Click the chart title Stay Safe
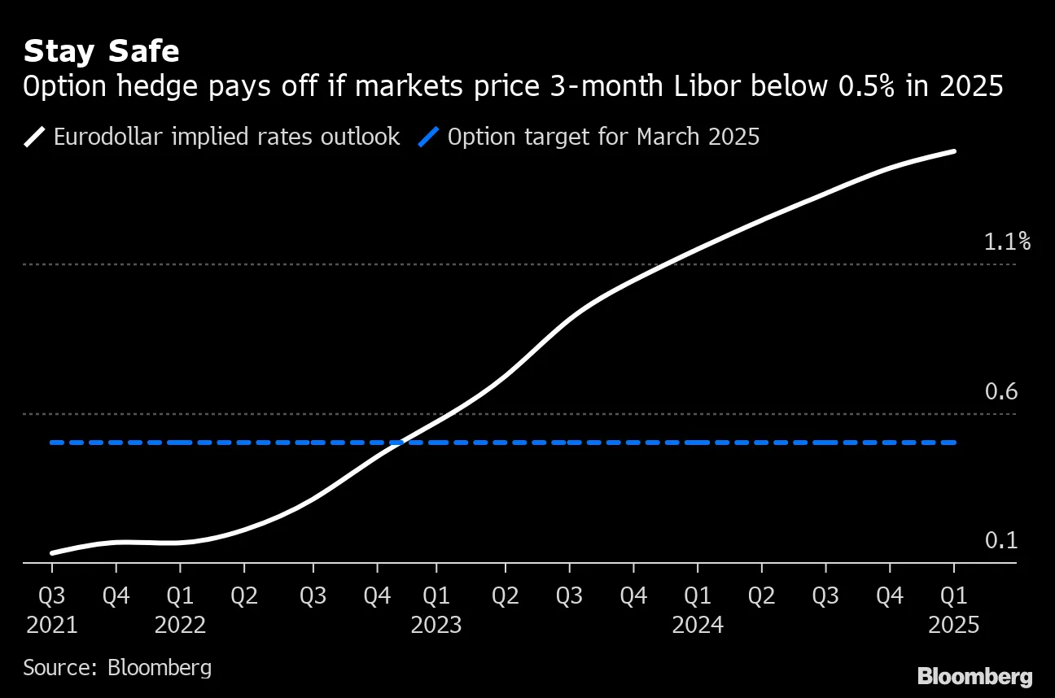pyautogui.click(x=101, y=51)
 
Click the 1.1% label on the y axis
pyautogui.click(x=1007, y=242)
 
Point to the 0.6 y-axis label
pyautogui.click(x=1001, y=391)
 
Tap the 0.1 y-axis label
pyautogui.click(x=1001, y=540)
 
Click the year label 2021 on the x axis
pyautogui.click(x=52, y=625)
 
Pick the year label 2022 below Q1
pyautogui.click(x=180, y=625)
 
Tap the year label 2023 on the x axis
pyautogui.click(x=436, y=625)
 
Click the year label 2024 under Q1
pyautogui.click(x=698, y=625)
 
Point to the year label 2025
pyautogui.click(x=954, y=625)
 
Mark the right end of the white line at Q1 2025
pyautogui.click(x=953, y=151)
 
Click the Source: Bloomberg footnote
pyautogui.click(x=117, y=668)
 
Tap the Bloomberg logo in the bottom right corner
pyautogui.click(x=974, y=675)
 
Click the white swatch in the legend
pyautogui.click(x=34, y=137)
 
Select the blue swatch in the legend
pyautogui.click(x=428, y=137)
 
